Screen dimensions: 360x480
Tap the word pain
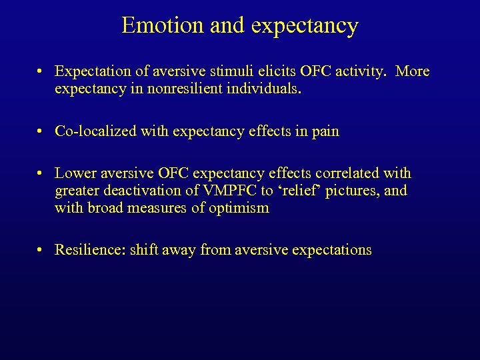pyautogui.click(x=324, y=132)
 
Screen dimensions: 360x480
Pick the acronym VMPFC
pyautogui.click(x=216, y=191)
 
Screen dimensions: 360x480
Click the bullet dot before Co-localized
pyautogui.click(x=41, y=132)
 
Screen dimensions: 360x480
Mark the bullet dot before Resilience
pyautogui.click(x=41, y=251)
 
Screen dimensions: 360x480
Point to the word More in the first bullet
pyautogui.click(x=412, y=71)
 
